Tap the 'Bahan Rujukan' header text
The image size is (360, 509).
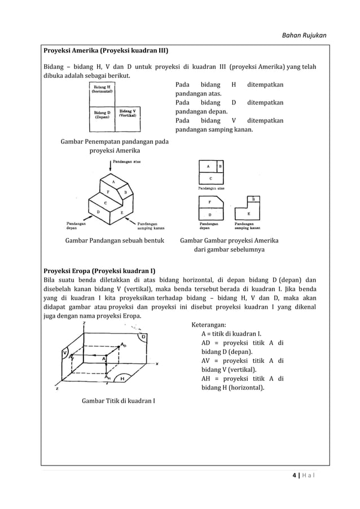304,36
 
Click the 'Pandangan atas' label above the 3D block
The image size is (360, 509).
127,161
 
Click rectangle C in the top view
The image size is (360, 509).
211,178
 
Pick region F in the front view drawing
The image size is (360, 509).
210,201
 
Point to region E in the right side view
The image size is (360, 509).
248,214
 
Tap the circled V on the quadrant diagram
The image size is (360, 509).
65,354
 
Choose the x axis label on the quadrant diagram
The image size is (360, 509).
157,363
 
